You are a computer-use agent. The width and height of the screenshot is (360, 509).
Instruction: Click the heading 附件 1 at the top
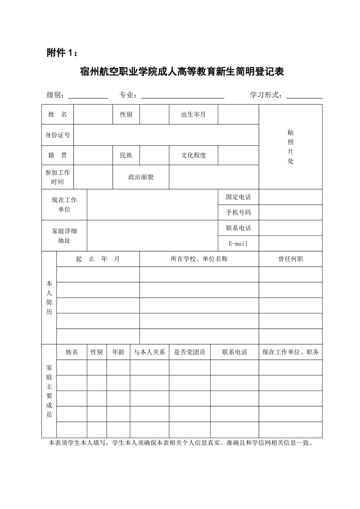[62, 53]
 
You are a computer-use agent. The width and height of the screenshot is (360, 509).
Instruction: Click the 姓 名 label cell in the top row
[58, 114]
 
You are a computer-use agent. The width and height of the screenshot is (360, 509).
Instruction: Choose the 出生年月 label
[193, 114]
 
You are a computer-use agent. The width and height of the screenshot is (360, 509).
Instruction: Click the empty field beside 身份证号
[166, 135]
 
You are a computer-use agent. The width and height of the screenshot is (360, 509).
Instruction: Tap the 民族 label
[126, 155]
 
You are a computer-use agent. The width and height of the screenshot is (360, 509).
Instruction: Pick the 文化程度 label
[193, 155]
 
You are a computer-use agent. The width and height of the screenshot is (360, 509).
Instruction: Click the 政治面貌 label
[141, 177]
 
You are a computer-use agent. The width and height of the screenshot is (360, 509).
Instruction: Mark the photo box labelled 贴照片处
[291, 147]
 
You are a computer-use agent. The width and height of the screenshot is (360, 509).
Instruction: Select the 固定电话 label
[238, 197]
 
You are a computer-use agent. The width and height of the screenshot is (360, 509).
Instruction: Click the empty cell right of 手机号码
[291, 212]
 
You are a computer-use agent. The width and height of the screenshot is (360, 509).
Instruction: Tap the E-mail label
[238, 244]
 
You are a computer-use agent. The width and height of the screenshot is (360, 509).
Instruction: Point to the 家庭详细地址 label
[64, 235]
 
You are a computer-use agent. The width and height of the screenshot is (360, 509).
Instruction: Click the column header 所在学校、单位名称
[199, 259]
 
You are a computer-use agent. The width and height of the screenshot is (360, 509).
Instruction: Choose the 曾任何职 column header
[291, 259]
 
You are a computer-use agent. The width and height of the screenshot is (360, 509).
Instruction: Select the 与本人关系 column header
[149, 352]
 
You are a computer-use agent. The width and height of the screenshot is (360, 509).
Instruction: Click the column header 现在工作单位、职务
[291, 352]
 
